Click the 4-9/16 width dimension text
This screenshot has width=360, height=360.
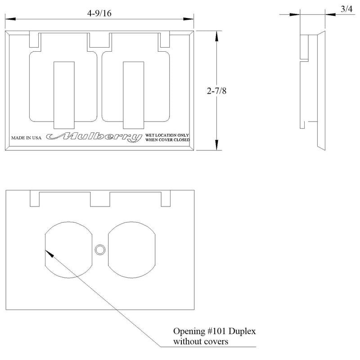99,13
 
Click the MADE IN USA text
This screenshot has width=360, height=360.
27,138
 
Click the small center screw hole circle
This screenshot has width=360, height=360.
99,249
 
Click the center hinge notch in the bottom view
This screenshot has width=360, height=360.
100,198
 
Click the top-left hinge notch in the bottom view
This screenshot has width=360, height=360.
35,198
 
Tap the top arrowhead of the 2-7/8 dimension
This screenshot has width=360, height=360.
217,34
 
